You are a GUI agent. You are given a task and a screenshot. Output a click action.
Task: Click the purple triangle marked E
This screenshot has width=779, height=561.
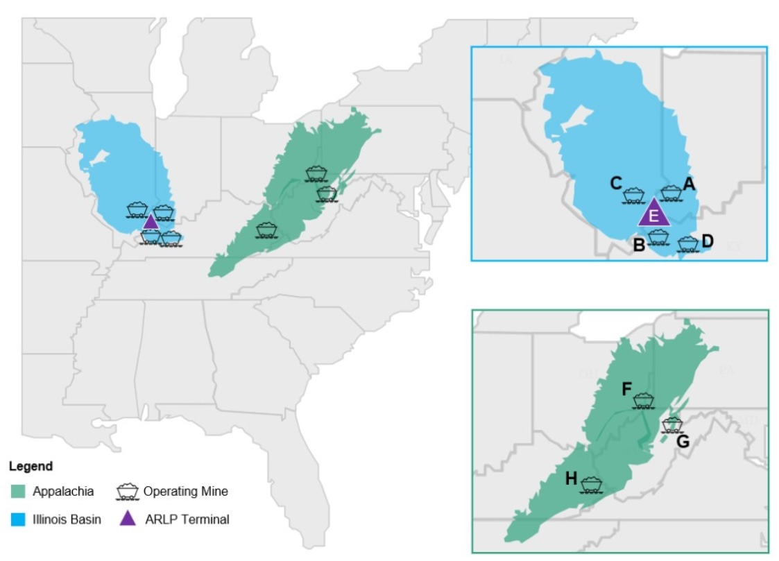pos(654,214)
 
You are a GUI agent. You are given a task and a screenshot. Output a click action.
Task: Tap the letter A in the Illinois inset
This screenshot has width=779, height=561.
pos(689,184)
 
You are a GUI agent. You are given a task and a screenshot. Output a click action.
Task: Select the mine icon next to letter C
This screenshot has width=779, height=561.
pos(633,195)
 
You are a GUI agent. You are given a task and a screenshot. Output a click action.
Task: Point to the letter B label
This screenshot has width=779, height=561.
pos(639,244)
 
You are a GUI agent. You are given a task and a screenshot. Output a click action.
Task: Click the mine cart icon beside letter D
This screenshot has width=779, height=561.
pos(687,244)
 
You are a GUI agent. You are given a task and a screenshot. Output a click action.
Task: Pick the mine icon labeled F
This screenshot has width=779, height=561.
pos(644,400)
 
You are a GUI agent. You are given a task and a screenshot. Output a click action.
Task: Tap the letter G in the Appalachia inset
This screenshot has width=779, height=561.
pos(683,441)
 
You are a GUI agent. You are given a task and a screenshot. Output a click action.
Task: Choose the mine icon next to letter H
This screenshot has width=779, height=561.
pos(591,484)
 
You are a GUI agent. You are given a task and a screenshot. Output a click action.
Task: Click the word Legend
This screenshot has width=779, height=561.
pos(31,467)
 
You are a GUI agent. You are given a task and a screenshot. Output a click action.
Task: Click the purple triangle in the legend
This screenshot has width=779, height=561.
pos(127,518)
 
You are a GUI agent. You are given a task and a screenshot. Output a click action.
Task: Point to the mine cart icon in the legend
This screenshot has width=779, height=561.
pos(127,492)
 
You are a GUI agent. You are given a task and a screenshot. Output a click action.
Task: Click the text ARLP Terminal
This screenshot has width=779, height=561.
pos(186,519)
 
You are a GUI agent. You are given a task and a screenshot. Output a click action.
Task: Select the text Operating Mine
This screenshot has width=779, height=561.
pos(185,492)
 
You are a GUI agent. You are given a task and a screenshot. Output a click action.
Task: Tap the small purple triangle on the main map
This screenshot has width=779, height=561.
pos(151,222)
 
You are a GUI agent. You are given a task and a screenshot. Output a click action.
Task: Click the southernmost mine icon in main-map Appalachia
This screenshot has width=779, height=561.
pos(266,230)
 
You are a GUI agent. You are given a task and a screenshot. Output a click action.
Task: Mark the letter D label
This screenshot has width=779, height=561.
pos(708,241)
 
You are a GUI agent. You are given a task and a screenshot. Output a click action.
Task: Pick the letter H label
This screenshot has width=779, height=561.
pos(571,478)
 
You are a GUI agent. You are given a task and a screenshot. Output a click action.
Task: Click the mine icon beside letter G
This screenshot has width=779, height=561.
pos(671,424)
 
